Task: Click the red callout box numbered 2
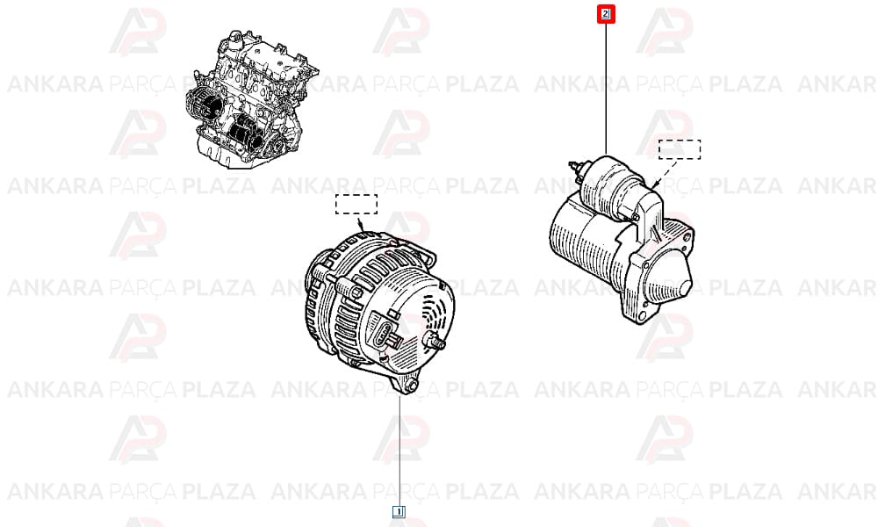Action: click(x=605, y=14)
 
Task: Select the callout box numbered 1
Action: click(x=399, y=511)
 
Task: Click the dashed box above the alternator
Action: click(x=356, y=204)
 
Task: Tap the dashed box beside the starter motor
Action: click(x=680, y=149)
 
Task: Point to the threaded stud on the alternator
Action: click(x=435, y=339)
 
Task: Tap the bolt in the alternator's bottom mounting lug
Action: click(x=412, y=385)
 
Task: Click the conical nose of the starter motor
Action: click(x=673, y=274)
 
